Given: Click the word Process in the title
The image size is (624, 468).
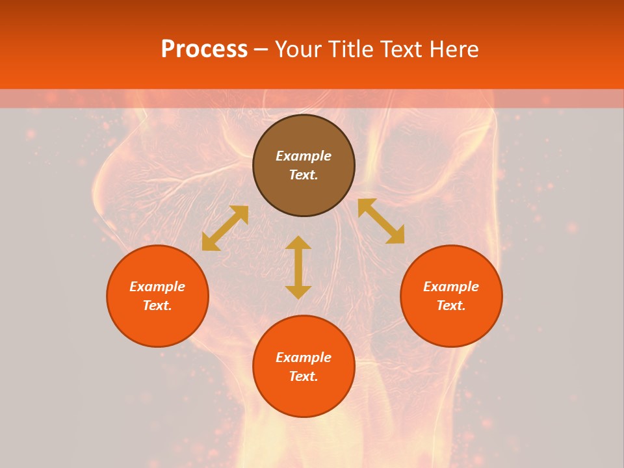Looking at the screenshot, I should click(x=204, y=49).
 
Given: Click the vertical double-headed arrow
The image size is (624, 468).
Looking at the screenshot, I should click(x=298, y=267).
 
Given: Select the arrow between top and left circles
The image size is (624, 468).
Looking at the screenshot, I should click(x=225, y=228).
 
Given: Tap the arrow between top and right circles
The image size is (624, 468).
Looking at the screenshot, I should click(x=381, y=221).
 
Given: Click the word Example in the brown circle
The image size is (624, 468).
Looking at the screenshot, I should click(x=304, y=156).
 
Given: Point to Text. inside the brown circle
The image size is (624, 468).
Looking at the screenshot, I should click(x=304, y=175).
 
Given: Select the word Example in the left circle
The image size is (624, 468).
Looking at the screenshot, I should click(x=157, y=287).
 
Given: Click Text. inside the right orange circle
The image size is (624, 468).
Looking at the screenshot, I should click(x=451, y=305).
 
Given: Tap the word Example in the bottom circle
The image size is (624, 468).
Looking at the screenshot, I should click(x=304, y=357).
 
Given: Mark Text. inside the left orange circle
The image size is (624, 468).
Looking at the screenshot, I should click(x=157, y=305).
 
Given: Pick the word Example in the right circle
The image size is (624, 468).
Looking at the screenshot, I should click(x=451, y=287).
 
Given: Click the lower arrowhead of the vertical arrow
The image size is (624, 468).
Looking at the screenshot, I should click(x=298, y=292).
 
